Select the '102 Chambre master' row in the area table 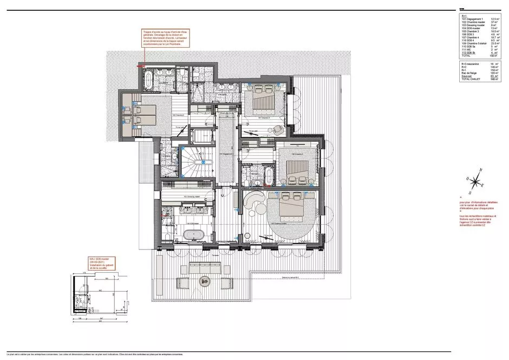tap(469, 21)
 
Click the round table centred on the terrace tap(204, 280)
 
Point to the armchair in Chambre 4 tap(278, 129)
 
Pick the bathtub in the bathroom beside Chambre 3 tap(268, 175)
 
